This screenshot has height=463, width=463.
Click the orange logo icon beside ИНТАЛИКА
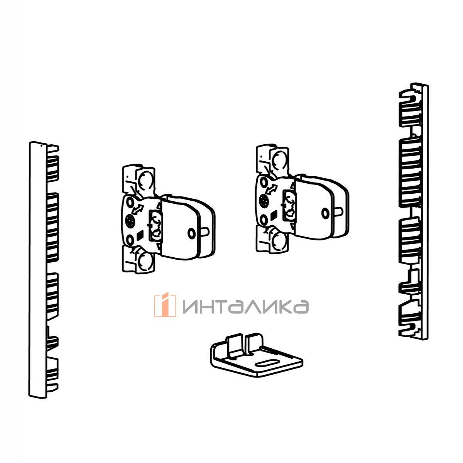pyautogui.click(x=165, y=306)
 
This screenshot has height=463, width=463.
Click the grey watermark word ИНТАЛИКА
pyautogui.click(x=245, y=307)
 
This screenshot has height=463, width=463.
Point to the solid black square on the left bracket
pyautogui.click(x=140, y=235)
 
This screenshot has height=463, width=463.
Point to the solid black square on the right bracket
pyautogui.click(x=274, y=215)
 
